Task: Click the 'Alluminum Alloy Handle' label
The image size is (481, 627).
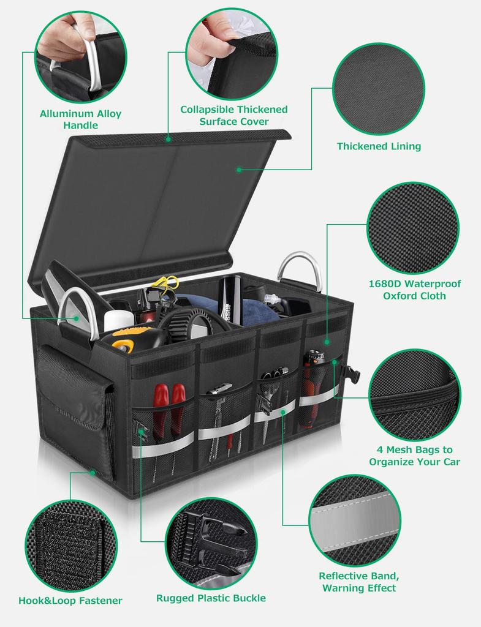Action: click(x=80, y=119)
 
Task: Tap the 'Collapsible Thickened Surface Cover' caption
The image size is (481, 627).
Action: click(x=233, y=115)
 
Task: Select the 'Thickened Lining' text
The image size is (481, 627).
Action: click(x=379, y=146)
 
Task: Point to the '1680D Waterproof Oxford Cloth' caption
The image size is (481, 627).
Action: click(x=414, y=290)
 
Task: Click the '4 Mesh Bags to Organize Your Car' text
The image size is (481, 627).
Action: click(x=414, y=456)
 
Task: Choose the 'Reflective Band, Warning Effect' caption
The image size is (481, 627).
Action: click(x=358, y=582)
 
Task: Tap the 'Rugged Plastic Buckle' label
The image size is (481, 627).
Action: click(x=211, y=598)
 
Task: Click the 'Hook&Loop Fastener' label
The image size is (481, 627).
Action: click(x=70, y=601)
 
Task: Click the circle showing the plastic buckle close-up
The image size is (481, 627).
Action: click(x=211, y=543)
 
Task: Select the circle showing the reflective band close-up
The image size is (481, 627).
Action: click(x=355, y=520)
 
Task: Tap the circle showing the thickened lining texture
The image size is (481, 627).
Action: click(x=379, y=89)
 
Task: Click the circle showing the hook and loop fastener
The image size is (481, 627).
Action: click(x=71, y=546)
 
